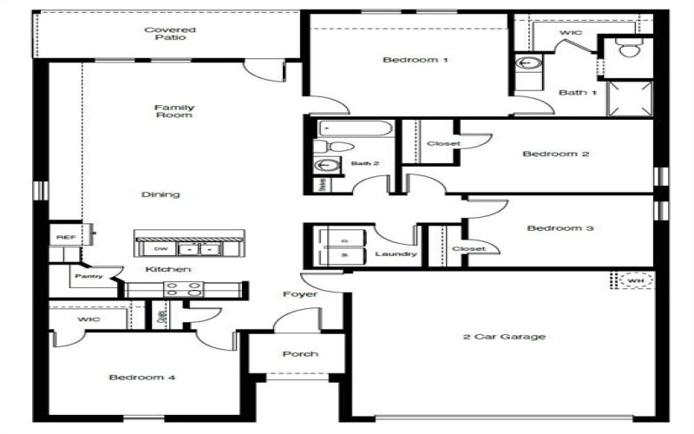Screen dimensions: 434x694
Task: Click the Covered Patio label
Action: click(x=170, y=35)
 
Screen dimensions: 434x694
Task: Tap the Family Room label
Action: click(x=173, y=111)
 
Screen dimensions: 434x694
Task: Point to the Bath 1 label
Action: click(x=577, y=92)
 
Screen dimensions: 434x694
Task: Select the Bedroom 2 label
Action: click(x=555, y=154)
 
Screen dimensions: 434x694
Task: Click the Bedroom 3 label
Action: click(x=560, y=228)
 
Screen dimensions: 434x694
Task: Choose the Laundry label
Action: click(x=396, y=254)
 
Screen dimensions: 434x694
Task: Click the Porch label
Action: click(x=300, y=354)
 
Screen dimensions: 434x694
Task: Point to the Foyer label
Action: click(x=300, y=294)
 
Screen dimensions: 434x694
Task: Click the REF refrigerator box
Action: click(x=63, y=236)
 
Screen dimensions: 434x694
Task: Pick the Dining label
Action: click(x=160, y=194)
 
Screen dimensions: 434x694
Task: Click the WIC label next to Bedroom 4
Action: click(x=89, y=320)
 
